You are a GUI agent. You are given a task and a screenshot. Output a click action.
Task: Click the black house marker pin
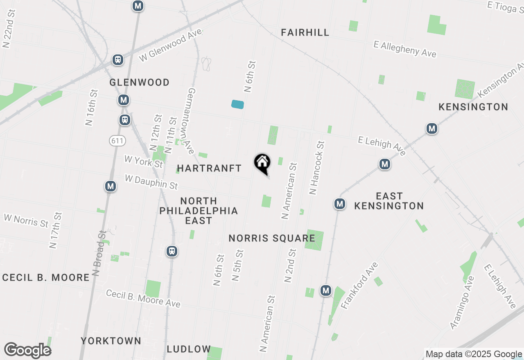(x=262, y=163)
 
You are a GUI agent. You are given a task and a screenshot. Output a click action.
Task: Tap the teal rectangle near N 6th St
(x=237, y=104)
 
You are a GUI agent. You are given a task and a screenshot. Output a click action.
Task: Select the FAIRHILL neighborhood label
(x=305, y=32)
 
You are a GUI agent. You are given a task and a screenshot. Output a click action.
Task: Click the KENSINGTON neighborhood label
(x=473, y=107)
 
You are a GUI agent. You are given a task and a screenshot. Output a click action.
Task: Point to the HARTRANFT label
(x=210, y=168)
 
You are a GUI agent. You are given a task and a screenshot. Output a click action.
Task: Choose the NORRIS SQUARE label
(x=272, y=238)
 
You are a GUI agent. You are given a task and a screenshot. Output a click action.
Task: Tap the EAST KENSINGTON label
(x=389, y=201)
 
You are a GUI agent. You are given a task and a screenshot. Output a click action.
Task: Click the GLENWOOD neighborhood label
(x=140, y=83)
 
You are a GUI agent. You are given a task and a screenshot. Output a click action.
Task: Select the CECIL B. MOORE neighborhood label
(x=46, y=277)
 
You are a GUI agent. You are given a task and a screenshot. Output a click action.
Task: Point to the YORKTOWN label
(x=111, y=341)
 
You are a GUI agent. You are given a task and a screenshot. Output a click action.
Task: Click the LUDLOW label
(x=189, y=349)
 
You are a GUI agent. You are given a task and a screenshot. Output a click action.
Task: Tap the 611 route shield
(x=117, y=141)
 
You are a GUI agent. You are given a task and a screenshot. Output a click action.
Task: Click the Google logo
(x=28, y=351)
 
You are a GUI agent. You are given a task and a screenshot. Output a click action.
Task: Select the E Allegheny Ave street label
(x=405, y=49)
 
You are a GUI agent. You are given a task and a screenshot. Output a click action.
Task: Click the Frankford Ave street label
(x=359, y=286)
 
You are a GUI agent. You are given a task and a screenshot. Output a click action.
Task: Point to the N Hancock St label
(x=317, y=168)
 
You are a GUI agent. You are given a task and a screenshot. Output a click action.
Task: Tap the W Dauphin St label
(x=151, y=182)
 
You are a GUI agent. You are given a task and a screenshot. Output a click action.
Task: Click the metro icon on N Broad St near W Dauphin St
(x=110, y=186)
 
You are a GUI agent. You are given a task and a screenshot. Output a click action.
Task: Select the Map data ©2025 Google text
(x=474, y=354)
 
